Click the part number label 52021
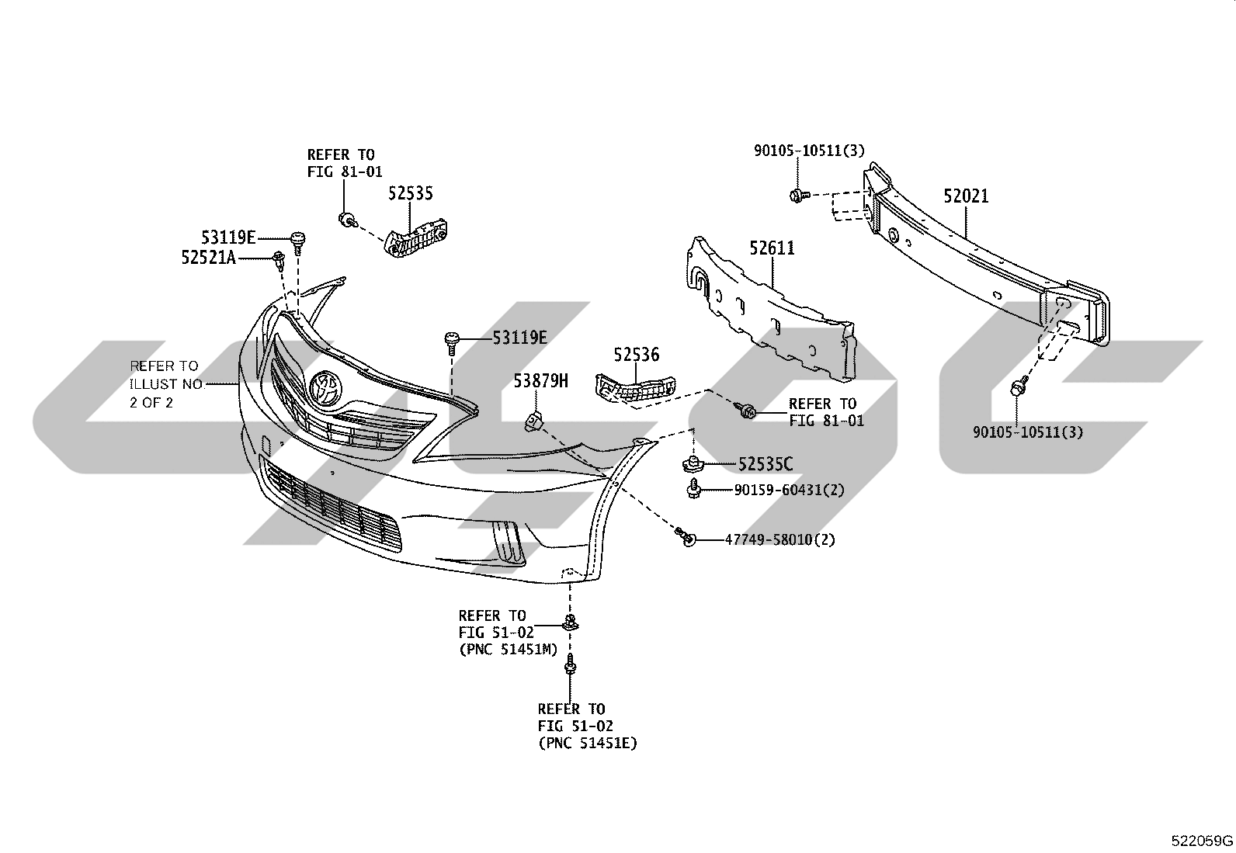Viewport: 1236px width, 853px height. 966,196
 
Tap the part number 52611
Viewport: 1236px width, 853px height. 772,248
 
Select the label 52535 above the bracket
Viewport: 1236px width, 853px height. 410,193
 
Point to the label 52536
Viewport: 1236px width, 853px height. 636,354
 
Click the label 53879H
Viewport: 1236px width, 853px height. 540,380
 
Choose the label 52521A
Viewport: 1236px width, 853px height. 209,257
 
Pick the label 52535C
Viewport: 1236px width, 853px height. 766,465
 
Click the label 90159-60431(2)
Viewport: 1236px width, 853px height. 789,490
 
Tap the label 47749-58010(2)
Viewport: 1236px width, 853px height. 779,539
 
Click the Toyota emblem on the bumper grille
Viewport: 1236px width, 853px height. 325,387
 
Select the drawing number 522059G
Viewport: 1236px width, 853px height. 1202,841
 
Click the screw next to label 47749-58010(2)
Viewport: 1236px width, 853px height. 686,536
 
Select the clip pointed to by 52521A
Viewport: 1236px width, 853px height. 279,260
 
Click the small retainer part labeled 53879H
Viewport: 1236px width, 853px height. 533,422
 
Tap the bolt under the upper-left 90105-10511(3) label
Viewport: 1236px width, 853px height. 799,196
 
